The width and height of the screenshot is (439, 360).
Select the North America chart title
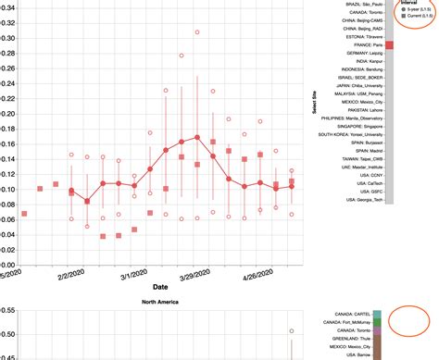(x=160, y=303)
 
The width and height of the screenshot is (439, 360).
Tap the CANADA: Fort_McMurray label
(x=353, y=321)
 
